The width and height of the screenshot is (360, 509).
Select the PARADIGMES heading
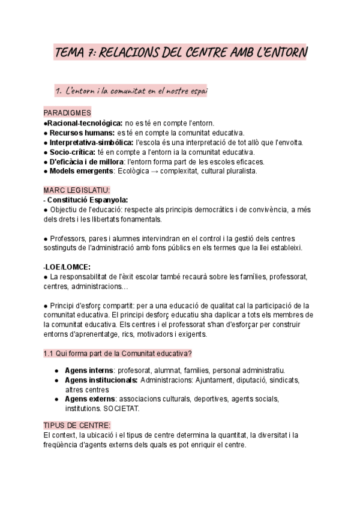coord(67,113)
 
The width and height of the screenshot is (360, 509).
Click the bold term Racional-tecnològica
coord(80,122)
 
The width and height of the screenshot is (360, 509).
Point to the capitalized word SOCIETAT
coord(122,408)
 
